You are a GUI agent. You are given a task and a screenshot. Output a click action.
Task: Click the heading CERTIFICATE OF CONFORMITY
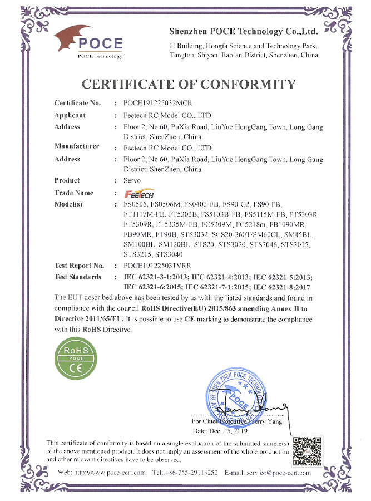(x=189, y=85)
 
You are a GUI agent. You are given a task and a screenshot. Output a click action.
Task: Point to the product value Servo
(x=131, y=180)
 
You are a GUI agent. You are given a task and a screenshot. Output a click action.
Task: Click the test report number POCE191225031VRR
(x=156, y=266)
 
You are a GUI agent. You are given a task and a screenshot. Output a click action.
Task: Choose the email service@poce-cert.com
(x=278, y=473)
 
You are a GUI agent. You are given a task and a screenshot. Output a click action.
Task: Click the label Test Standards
(x=78, y=277)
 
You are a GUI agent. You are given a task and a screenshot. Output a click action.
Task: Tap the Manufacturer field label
(x=77, y=146)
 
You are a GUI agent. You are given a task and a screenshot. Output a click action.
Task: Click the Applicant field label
(x=70, y=115)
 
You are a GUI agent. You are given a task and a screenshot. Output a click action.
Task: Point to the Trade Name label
(x=74, y=193)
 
